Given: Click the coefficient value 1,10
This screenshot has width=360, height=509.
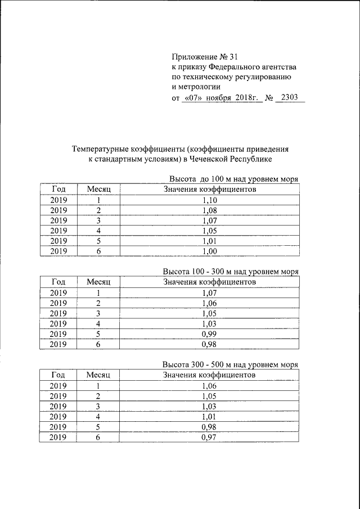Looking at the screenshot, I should (209, 200).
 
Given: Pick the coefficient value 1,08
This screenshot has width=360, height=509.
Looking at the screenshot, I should (209, 210).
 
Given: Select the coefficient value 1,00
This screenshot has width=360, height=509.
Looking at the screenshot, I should (209, 251).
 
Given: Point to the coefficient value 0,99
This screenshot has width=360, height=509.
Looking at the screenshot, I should (209, 334).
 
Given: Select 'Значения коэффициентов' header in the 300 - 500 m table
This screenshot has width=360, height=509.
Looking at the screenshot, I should (209, 375).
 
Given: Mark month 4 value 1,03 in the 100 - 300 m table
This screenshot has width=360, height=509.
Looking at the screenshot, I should (209, 323).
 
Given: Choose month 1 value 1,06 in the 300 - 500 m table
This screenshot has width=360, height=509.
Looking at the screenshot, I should (209, 385).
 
